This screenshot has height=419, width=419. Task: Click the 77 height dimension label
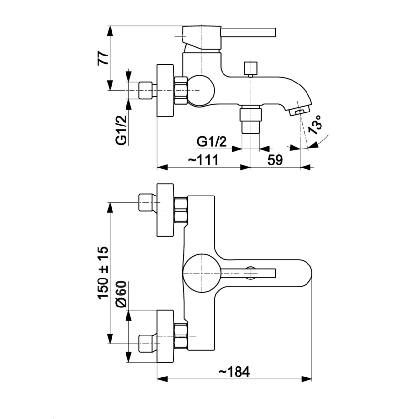pos(102,57)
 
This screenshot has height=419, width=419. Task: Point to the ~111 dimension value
pos(202,160)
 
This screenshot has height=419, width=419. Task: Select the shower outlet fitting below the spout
pos(251,121)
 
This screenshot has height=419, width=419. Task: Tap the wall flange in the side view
pos(166,90)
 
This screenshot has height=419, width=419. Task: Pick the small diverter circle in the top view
pos(251,272)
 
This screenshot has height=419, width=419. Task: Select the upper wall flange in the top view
pos(166,209)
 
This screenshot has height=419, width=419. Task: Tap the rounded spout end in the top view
pos(302,272)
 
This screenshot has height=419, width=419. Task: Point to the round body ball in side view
pos(199,90)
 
